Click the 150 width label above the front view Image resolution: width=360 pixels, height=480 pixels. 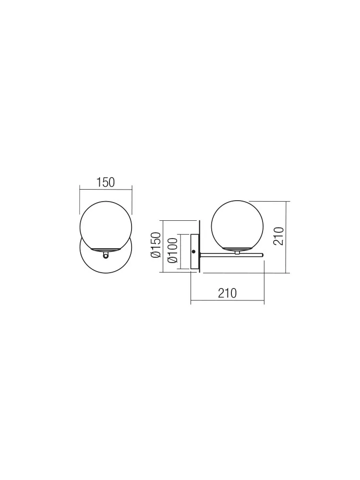point(106,182)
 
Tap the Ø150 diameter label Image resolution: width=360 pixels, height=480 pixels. point(156,245)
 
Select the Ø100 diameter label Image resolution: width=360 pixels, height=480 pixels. point(172,251)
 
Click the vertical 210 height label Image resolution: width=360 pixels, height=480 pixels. point(278,236)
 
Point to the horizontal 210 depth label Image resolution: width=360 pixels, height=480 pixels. point(228,293)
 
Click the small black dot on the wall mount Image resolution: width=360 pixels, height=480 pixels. point(193,252)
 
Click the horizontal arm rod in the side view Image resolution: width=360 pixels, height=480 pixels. point(232,255)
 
